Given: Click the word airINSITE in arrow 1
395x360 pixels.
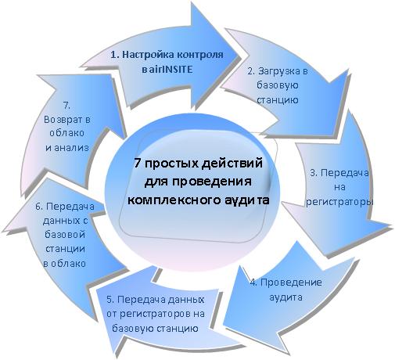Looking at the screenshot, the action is [171, 69].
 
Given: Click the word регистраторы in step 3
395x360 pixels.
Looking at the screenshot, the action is [339, 202].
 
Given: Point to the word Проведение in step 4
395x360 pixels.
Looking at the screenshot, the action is [291, 283].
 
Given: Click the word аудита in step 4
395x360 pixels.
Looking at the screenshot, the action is [286, 297].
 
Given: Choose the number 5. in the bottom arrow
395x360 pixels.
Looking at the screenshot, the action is [110, 300].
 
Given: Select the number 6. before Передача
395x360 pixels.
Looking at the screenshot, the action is [39, 207].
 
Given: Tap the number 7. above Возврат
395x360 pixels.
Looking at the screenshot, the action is [66, 106].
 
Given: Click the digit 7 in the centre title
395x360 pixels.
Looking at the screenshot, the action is [137, 164].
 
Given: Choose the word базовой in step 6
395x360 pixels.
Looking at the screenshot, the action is [65, 235].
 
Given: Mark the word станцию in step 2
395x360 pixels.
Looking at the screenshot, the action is [278, 100].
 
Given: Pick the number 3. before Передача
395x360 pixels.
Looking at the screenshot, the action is [314, 173].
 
